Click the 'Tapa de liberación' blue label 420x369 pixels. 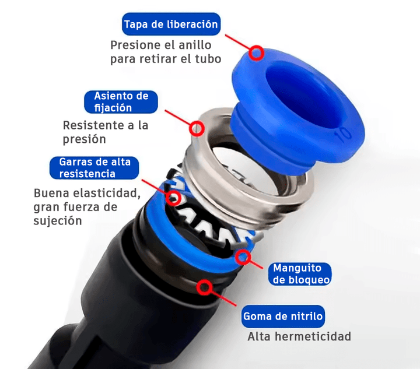tap(171, 24)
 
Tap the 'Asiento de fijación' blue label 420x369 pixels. tap(121, 101)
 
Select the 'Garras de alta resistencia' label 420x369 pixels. tap(94, 167)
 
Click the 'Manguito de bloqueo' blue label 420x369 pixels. tap(301, 274)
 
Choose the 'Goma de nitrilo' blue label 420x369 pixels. tap(283, 317)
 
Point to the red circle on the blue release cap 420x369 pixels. tap(255, 53)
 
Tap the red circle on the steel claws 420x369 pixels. tap(173, 197)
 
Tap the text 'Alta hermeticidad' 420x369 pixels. tap(299, 336)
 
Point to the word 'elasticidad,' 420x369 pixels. tap(103, 193)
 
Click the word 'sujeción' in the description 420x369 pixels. tap(58, 221)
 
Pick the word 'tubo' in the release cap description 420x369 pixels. tap(208, 59)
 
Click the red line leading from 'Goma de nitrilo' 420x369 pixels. tap(225, 300)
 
